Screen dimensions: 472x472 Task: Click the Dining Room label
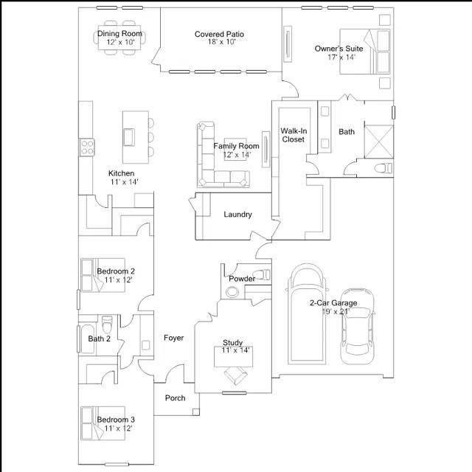point(119,33)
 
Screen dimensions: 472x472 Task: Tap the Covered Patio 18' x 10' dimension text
point(221,42)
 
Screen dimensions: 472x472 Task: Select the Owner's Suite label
point(339,49)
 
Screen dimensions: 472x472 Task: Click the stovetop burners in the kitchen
point(87,147)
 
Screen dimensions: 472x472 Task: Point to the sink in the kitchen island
point(129,137)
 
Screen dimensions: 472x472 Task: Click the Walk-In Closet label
point(294,135)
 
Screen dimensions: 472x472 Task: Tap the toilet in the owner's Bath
point(383,168)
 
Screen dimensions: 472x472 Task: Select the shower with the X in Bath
point(378,142)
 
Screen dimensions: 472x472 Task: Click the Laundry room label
point(237,215)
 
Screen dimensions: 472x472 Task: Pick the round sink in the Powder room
point(232,291)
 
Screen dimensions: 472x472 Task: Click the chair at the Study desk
point(236,375)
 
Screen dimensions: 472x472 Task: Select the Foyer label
point(174,338)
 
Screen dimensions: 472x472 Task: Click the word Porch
point(176,398)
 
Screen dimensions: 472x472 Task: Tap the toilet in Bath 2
point(107,324)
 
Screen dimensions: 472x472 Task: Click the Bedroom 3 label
point(116,420)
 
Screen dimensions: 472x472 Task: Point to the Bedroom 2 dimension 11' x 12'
point(118,280)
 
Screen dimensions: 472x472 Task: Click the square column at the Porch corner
point(196,412)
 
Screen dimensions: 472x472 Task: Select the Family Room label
point(236,146)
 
